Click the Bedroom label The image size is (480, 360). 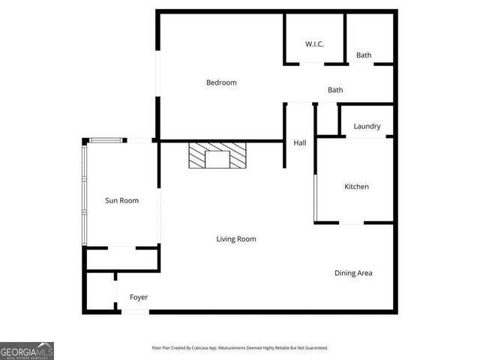pos(221,82)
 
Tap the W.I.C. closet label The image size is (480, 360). pos(314,44)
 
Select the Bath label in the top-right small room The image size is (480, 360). pos(364,55)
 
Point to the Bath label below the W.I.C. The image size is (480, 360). pos(335,90)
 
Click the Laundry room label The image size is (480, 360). pos(367,127)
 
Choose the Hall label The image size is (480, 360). pos(299,142)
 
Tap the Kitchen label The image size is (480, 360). pos(356,187)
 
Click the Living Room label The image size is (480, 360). pos(236,239)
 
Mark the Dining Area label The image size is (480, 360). pos(353,273)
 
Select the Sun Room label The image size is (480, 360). pos(121,200)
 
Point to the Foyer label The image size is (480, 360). pos(139,298)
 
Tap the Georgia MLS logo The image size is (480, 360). pos(27,351)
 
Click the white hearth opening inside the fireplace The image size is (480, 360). pos(217,159)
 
